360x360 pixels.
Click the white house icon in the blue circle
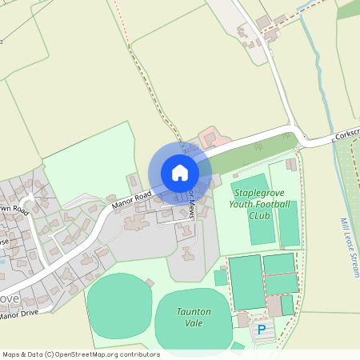click(x=180, y=173)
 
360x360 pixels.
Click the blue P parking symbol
click(x=261, y=329)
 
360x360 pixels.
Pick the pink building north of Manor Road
click(x=210, y=137)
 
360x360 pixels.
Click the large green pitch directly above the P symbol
click(x=246, y=282)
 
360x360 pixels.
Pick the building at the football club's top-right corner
click(x=291, y=165)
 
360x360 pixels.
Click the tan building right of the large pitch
click(x=275, y=306)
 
